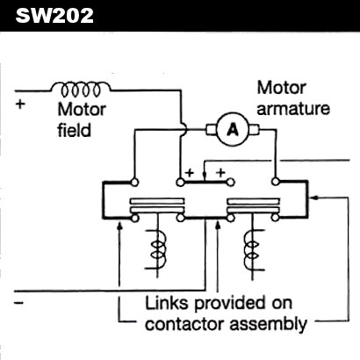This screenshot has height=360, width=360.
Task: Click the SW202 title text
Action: pyautogui.click(x=54, y=16)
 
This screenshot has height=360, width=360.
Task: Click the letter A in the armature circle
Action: pyautogui.click(x=233, y=129)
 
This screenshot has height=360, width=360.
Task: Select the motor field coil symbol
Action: pyautogui.click(x=81, y=89)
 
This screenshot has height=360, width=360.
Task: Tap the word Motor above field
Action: pyautogui.click(x=82, y=110)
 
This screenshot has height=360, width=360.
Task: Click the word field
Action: pyautogui.click(x=74, y=130)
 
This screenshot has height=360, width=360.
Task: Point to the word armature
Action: pyautogui.click(x=293, y=109)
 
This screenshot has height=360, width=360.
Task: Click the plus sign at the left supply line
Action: pyautogui.click(x=20, y=104)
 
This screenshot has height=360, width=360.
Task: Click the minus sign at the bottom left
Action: pyautogui.click(x=18, y=302)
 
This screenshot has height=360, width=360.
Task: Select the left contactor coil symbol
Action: pyautogui.click(x=156, y=249)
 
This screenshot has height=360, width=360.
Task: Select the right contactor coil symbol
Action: pyautogui.click(x=254, y=249)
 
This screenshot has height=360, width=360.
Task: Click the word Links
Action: pyautogui.click(x=166, y=303)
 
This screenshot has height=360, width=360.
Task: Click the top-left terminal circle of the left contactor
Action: pyautogui.click(x=134, y=183)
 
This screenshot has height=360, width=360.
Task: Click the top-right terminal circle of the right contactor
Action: pyautogui.click(x=275, y=182)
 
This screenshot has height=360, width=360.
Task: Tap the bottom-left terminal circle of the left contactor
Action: pyautogui.click(x=134, y=218)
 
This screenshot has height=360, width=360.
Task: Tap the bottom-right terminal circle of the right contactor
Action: pyautogui.click(x=275, y=218)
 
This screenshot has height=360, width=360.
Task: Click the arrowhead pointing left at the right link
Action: pyautogui.click(x=313, y=198)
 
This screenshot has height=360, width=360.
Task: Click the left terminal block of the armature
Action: pyautogui.click(x=211, y=130)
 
